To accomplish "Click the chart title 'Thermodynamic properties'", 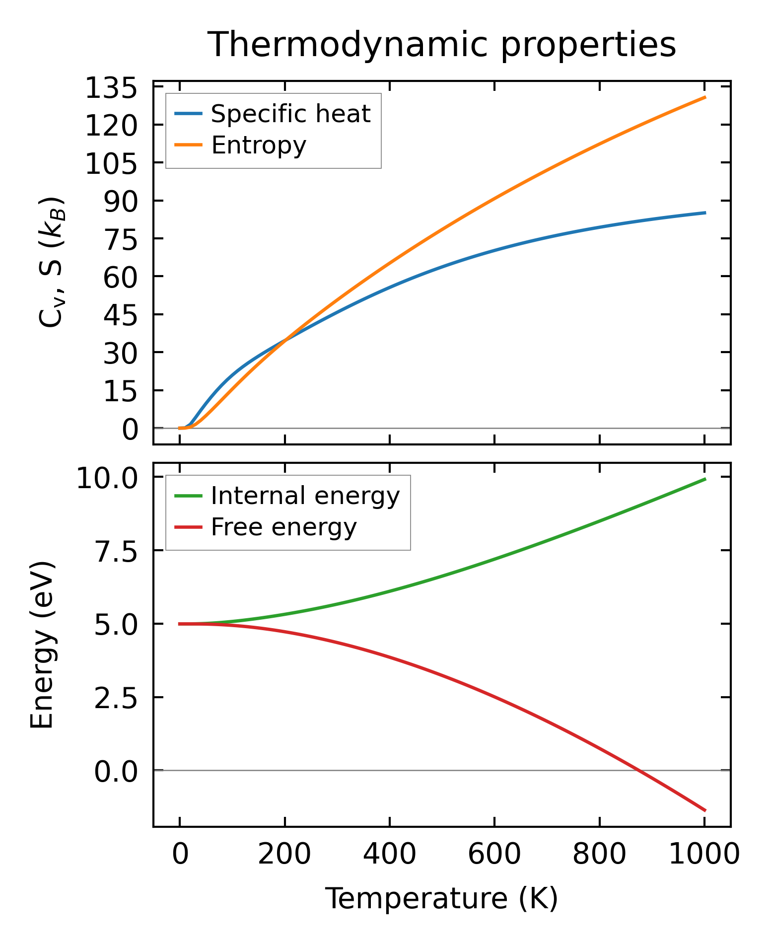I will [x=441, y=45].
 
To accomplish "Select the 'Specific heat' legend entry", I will [x=290, y=114].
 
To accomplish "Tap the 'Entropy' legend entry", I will [x=259, y=145].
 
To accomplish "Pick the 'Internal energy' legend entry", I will [x=305, y=496].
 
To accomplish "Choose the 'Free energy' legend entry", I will [x=283, y=527].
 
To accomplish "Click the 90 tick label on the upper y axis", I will [x=120, y=201].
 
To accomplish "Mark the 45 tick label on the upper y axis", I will [x=120, y=315].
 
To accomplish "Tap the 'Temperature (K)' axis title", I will [x=441, y=899].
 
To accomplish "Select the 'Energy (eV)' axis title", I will [x=42, y=645].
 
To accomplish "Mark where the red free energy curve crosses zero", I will [x=637, y=771].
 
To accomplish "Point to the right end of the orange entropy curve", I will [x=705, y=97].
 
